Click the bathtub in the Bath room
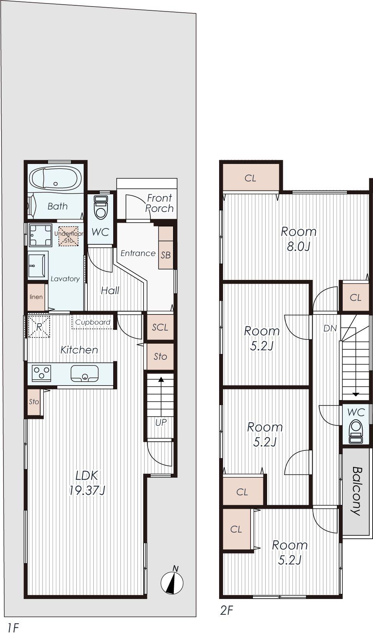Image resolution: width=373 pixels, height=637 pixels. click(x=56, y=179)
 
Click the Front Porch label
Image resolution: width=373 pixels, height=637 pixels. click(x=159, y=203)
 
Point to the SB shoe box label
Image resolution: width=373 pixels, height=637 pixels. click(x=166, y=255)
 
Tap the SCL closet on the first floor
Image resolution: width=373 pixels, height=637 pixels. click(x=160, y=327)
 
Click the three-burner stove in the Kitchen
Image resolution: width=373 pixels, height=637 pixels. click(x=41, y=373)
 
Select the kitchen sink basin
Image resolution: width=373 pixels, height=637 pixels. click(x=84, y=373)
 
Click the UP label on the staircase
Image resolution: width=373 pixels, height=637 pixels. click(x=161, y=422)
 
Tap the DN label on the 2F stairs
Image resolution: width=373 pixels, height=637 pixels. click(x=330, y=328)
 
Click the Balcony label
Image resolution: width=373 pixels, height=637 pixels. click(x=356, y=491)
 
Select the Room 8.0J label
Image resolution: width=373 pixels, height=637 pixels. click(x=299, y=239)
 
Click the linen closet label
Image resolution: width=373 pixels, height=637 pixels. click(x=36, y=297)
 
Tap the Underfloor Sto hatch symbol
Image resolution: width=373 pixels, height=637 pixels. click(x=69, y=236)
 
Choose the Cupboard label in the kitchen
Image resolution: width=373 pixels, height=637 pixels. click(x=93, y=322)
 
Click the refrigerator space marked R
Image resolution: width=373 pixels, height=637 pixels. click(x=39, y=327)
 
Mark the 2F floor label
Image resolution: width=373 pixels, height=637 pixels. click(x=226, y=610)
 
